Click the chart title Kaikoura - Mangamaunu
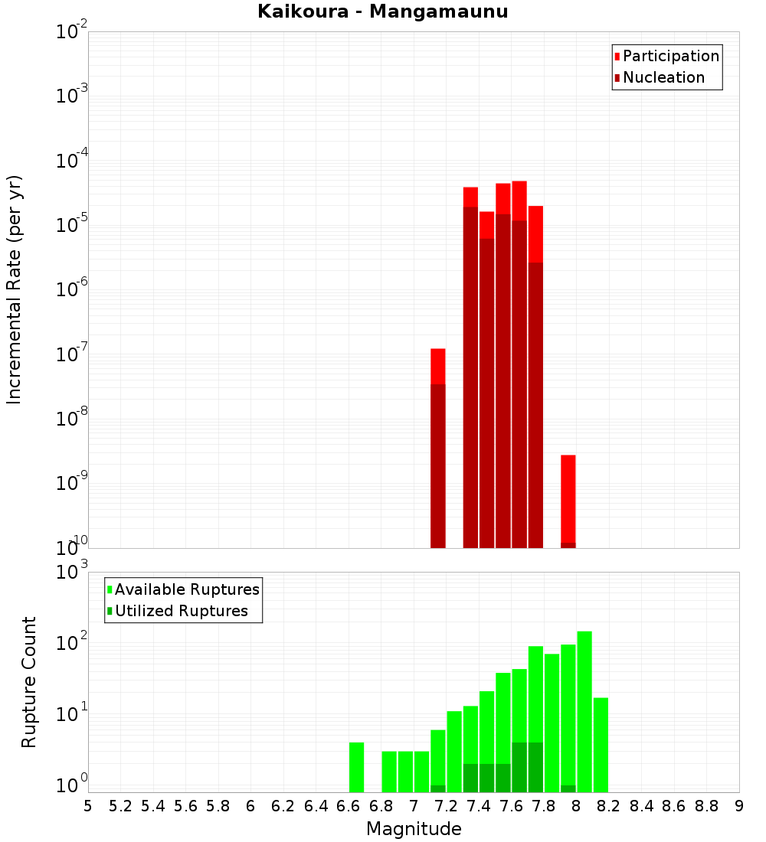coord(383,11)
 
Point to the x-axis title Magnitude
coord(414,829)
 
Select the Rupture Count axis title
coord(29,682)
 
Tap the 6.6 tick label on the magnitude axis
coord(349,806)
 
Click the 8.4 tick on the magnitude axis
coord(641,806)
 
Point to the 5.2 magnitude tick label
coord(120,806)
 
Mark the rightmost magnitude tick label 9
coord(739,806)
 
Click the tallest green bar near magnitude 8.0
coord(584,712)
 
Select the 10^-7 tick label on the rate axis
coord(73,354)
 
